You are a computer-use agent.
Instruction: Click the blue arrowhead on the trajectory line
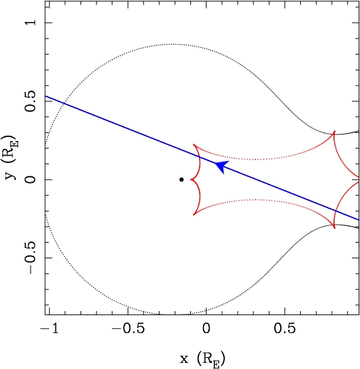tap(222, 167)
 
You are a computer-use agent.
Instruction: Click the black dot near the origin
tap(182, 180)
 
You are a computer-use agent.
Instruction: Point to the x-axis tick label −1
tap(50, 328)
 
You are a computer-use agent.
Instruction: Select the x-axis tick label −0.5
tap(128, 328)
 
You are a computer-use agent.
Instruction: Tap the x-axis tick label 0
tap(206, 328)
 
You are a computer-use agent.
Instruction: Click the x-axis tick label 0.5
tap(285, 328)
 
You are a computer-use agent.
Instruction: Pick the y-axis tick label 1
tap(31, 23)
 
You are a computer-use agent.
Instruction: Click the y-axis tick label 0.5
tap(31, 101)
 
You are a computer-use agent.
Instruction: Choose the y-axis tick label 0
tap(31, 180)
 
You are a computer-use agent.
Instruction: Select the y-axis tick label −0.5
tap(31, 258)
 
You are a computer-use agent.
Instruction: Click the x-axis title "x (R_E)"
tap(202, 359)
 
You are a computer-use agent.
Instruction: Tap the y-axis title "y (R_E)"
tap(11, 157)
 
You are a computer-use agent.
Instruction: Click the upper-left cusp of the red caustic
tap(194, 144)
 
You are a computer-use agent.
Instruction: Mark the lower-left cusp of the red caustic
tap(194, 215)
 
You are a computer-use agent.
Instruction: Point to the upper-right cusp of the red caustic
tap(334, 131)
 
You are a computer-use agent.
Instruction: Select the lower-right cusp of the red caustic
tap(334, 228)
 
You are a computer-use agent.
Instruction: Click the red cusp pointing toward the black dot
tap(190, 180)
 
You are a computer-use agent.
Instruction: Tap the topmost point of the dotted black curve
tap(172, 44)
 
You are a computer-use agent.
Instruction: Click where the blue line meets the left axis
tap(45, 96)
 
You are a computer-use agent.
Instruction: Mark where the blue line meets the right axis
tap(359, 220)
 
